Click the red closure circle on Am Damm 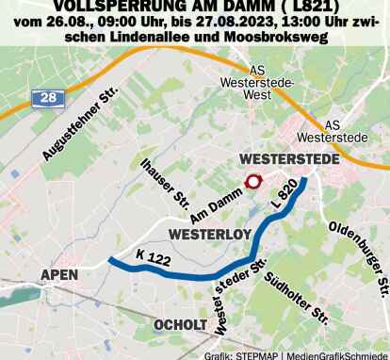tap(252, 183)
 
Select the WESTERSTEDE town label tap(289, 160)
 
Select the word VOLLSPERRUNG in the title tap(117, 7)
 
